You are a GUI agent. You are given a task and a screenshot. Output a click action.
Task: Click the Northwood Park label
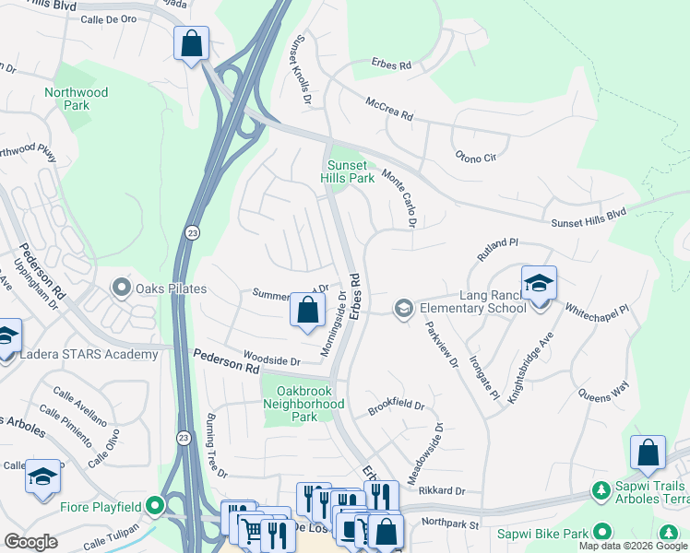pyautogui.click(x=77, y=99)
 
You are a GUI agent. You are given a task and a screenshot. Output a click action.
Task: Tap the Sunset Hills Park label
pyautogui.click(x=349, y=171)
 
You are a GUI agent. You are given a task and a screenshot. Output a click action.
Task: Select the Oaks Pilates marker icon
pyautogui.click(x=121, y=288)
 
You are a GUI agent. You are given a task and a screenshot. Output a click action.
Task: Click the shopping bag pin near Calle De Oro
pyautogui.click(x=191, y=42)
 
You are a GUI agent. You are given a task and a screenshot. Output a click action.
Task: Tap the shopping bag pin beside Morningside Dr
pyautogui.click(x=307, y=310)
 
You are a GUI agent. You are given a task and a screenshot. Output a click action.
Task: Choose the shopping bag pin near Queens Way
pyautogui.click(x=648, y=453)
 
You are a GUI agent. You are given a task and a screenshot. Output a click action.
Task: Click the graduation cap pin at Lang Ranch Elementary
pyautogui.click(x=539, y=283)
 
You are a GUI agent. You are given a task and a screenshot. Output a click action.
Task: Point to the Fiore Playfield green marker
pyautogui.click(x=155, y=505)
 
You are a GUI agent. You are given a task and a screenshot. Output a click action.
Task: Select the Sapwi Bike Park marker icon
pyautogui.click(x=602, y=533)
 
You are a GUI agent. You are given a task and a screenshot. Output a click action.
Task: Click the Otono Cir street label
pyautogui.click(x=476, y=158)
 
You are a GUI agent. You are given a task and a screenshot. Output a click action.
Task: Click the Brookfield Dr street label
pyautogui.click(x=396, y=406)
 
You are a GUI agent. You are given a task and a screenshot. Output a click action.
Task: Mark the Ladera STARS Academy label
pyautogui.click(x=90, y=355)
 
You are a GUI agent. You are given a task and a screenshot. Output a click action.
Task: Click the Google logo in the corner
pyautogui.click(x=30, y=542)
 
